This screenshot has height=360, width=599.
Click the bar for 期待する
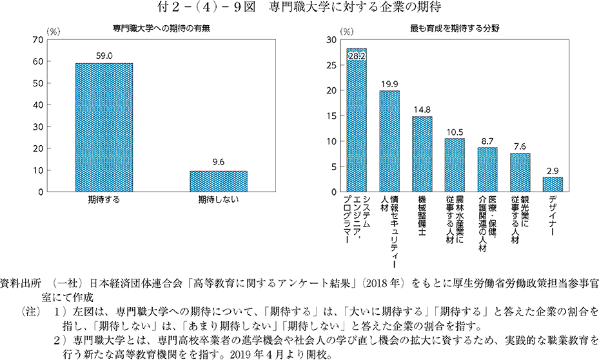coord(104,128)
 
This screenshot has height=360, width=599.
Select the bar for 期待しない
coord(218,181)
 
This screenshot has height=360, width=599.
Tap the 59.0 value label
coord(104,57)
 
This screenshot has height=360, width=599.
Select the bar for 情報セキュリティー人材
coord(389,141)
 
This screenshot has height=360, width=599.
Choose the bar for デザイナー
coord(553,185)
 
